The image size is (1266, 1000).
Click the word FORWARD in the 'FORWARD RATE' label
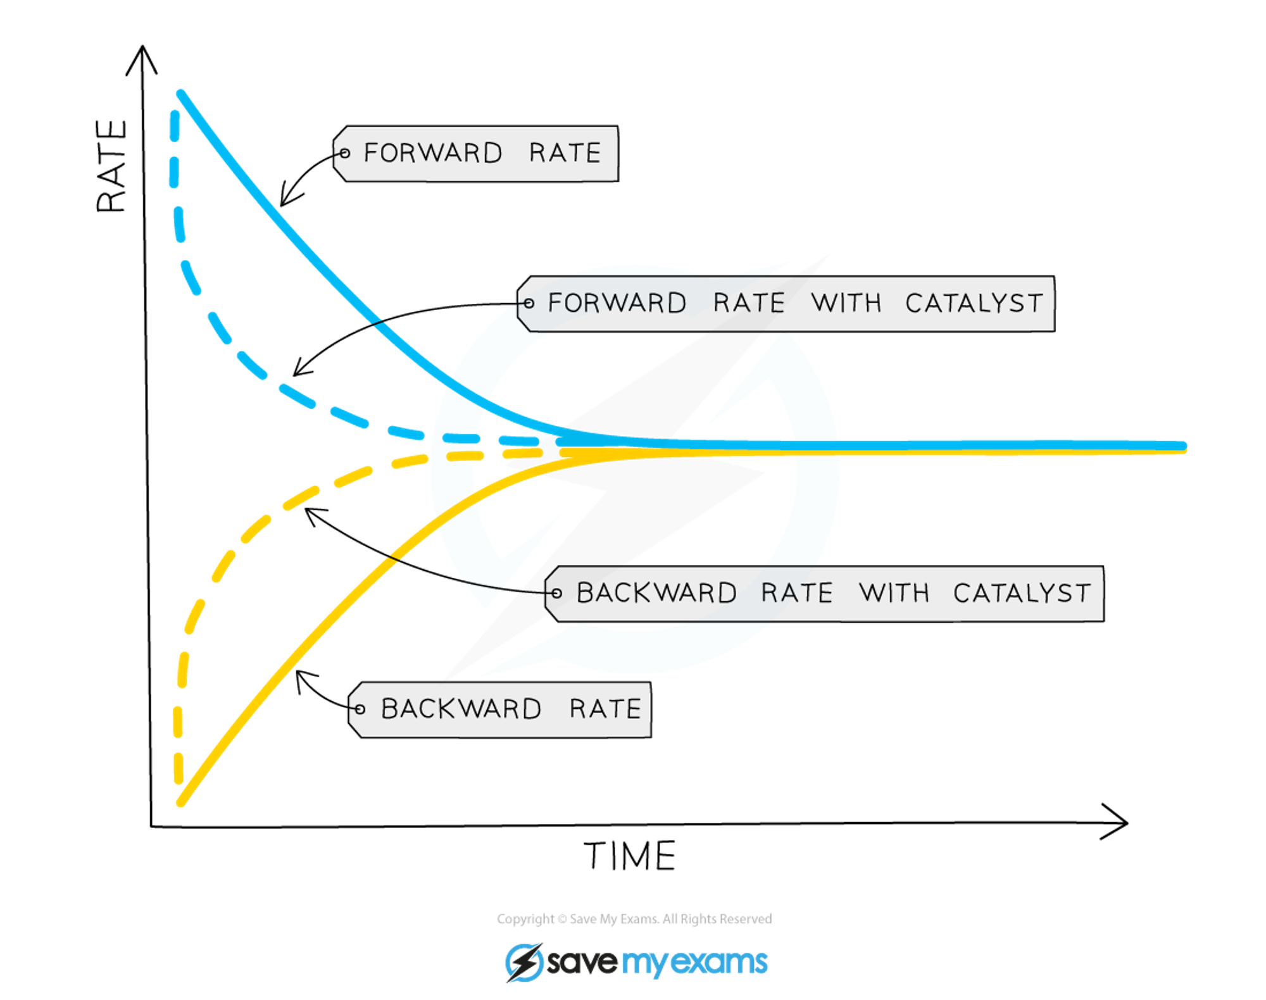click(x=433, y=153)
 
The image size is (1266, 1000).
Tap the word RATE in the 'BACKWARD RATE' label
click(x=605, y=709)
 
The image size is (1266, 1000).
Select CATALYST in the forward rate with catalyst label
click(x=974, y=304)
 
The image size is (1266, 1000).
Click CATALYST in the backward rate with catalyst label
click(x=1022, y=594)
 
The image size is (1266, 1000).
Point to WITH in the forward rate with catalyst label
click(x=846, y=303)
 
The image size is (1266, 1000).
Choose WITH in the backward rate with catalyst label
click(x=894, y=594)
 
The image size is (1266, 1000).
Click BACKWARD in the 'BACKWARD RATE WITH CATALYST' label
click(x=656, y=594)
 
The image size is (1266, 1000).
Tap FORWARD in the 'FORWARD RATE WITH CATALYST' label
click(x=617, y=303)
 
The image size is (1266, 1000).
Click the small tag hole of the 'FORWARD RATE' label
click(x=344, y=153)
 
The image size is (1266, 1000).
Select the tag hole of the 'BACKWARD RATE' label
click(x=360, y=709)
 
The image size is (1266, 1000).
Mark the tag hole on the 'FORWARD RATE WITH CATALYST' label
click(x=529, y=304)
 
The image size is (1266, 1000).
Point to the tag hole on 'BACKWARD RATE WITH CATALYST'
click(x=556, y=594)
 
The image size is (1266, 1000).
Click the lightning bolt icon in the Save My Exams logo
click(x=524, y=963)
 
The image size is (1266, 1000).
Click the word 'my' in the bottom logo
click(x=644, y=964)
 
